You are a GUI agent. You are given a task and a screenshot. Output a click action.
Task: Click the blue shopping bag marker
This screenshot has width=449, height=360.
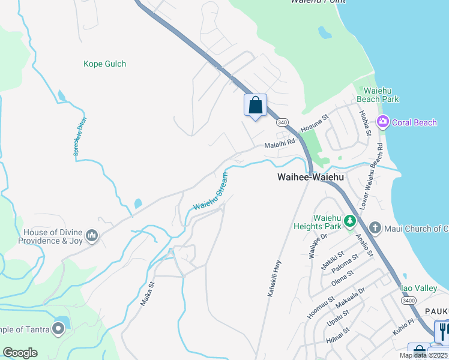point(255,106)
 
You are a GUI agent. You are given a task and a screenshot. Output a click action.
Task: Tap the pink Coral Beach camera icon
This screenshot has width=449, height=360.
point(382,122)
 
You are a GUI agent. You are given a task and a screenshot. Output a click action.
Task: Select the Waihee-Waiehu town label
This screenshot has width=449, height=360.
point(310,177)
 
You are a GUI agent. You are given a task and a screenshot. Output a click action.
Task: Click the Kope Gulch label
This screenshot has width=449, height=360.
point(104,64)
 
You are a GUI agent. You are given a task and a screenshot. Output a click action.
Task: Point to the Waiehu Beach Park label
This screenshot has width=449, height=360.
point(378,94)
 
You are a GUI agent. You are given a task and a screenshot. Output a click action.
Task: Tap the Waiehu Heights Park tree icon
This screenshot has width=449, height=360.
point(350,222)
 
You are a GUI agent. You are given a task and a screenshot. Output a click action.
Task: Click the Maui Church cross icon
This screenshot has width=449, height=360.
point(375,227)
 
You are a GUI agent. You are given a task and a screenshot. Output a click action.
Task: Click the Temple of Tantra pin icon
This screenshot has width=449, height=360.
point(58,328)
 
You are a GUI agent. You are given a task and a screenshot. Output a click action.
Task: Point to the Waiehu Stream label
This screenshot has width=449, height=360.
point(211,191)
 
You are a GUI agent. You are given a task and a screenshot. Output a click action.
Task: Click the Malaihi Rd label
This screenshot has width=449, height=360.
point(280,143)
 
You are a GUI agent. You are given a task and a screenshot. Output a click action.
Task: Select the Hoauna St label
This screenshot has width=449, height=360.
point(316,122)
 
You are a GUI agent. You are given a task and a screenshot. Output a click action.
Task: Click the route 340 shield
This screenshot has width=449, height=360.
point(283,122)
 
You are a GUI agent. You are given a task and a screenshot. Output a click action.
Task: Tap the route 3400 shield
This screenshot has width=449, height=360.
point(409,300)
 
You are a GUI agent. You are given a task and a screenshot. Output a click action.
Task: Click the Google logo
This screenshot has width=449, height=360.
point(20,353)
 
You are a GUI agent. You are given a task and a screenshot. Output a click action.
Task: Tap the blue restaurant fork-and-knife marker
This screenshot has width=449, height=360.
point(443,331)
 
